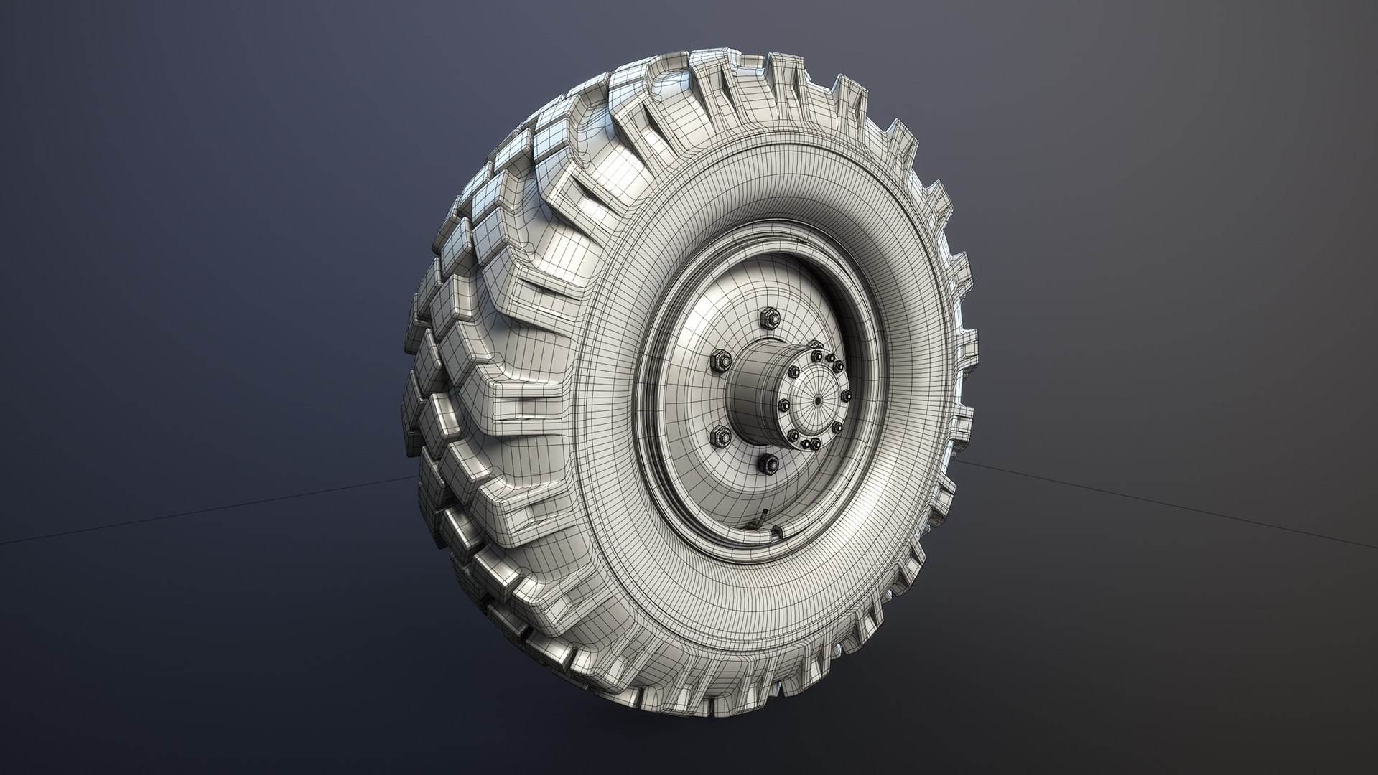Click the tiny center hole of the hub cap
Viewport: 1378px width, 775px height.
818,400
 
